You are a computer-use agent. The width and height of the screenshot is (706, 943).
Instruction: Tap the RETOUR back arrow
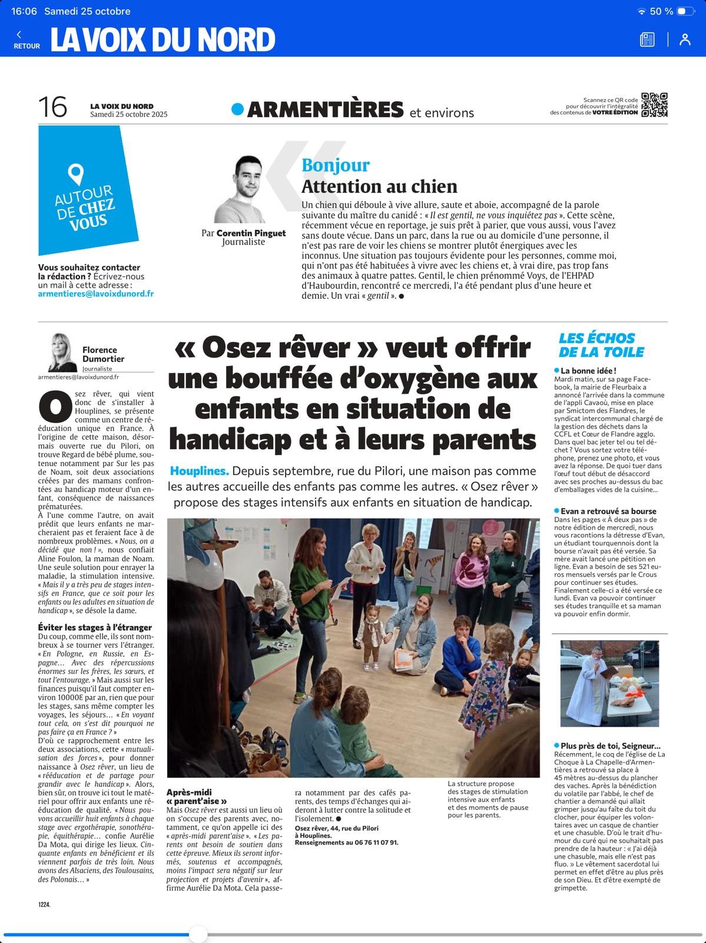[19, 35]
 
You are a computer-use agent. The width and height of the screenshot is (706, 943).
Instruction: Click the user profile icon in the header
[685, 39]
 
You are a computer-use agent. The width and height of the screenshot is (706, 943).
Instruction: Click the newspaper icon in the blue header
[647, 39]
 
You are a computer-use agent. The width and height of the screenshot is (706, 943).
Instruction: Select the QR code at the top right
[654, 105]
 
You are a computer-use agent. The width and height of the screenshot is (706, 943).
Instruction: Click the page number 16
[52, 107]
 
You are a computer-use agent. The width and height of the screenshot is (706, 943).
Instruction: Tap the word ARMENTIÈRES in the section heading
[326, 110]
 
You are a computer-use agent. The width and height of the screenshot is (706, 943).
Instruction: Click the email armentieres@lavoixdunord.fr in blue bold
[96, 294]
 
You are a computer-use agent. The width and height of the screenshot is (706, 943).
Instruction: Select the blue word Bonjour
[336, 166]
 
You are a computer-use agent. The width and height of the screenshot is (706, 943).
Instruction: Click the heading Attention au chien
[379, 187]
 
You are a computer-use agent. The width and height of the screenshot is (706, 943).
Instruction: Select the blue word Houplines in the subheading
[199, 471]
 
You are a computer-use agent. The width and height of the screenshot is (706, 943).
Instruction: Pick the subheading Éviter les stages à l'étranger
[95, 628]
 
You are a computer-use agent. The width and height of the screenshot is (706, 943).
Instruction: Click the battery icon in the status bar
[685, 11]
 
